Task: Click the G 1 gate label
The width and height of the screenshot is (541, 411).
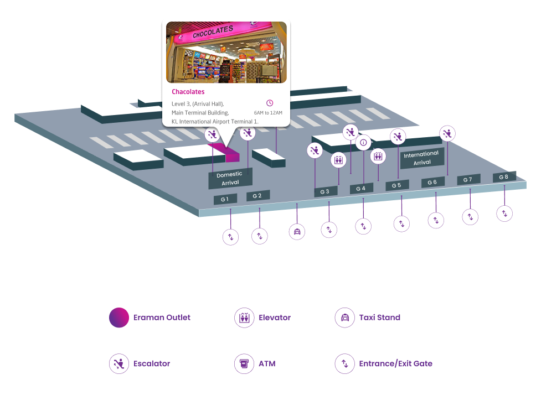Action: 225,199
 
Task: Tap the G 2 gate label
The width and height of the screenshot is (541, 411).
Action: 257,195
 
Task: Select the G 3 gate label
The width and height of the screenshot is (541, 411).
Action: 326,191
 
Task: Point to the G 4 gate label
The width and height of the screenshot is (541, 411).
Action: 361,189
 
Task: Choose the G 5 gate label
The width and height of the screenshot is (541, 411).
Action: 397,185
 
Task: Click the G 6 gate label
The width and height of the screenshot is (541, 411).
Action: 432,182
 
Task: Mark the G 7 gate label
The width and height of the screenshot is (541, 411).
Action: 468,179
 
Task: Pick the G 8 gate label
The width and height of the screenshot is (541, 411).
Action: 504,176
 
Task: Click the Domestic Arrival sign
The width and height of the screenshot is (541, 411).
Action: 230,178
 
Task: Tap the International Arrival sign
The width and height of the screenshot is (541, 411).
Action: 422,158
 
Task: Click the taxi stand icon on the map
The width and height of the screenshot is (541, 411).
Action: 297,231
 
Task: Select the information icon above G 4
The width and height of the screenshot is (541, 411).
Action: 363,143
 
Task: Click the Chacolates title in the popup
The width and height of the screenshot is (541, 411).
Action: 188,92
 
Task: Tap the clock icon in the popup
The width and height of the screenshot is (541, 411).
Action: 270,103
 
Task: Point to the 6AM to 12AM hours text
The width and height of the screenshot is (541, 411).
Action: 268,113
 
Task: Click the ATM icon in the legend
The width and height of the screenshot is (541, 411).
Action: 243,363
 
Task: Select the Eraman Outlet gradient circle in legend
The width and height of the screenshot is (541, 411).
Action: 119,318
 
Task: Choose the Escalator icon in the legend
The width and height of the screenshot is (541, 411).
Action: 118,363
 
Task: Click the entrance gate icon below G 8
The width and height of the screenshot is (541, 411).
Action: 504,213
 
